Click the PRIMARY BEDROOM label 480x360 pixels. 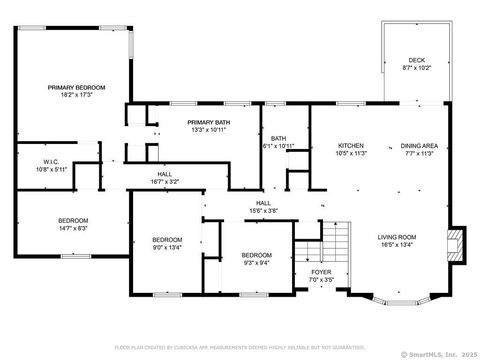pos(77,88)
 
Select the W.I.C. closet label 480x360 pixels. pos(54,162)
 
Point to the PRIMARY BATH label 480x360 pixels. pos(208,122)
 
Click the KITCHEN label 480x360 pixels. pos(349,145)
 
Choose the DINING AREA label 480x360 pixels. pos(420,145)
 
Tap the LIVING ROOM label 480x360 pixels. pos(396,237)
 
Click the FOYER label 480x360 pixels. pos(321,270)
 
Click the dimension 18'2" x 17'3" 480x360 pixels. pos(77,95)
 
